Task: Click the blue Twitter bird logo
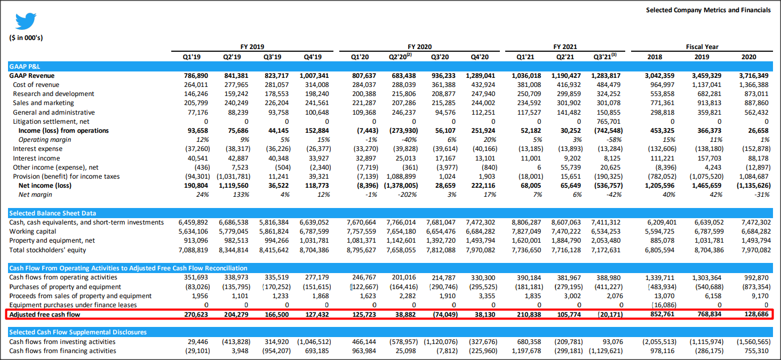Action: [x=26, y=21]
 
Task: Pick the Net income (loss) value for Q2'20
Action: [x=400, y=186]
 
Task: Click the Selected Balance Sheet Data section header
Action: [x=52, y=213]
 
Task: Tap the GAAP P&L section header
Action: [x=25, y=67]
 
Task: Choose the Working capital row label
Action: [x=33, y=231]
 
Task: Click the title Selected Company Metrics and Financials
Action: [x=708, y=10]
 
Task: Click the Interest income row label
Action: [x=36, y=158]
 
